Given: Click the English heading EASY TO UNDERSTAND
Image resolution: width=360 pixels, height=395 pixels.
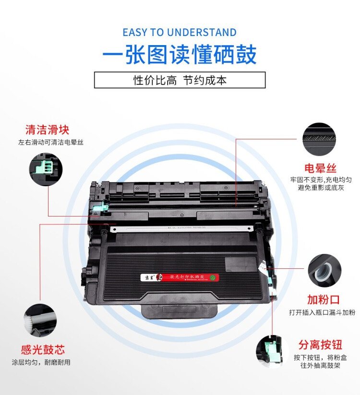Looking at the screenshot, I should tap(180, 33).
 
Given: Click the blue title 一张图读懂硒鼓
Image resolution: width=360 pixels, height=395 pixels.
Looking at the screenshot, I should tap(180, 55).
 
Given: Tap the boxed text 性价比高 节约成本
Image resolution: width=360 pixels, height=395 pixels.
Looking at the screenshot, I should tap(180, 80).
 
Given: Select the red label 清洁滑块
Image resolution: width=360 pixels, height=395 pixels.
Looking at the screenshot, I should tap(48, 130).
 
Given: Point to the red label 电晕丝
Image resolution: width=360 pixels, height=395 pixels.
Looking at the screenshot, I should tap(320, 168).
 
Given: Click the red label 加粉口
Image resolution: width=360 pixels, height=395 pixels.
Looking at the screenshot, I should tap(324, 300).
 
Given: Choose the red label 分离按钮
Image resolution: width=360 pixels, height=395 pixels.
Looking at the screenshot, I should tap(320, 345).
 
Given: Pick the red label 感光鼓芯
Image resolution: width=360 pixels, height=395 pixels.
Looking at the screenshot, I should tap(43, 349).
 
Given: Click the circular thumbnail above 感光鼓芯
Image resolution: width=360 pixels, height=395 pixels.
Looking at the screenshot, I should tap(40, 320).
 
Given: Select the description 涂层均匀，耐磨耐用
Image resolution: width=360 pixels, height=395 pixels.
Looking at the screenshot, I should tap(41, 362).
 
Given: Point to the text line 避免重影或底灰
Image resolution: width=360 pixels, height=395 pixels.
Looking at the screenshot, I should tap(321, 188).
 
